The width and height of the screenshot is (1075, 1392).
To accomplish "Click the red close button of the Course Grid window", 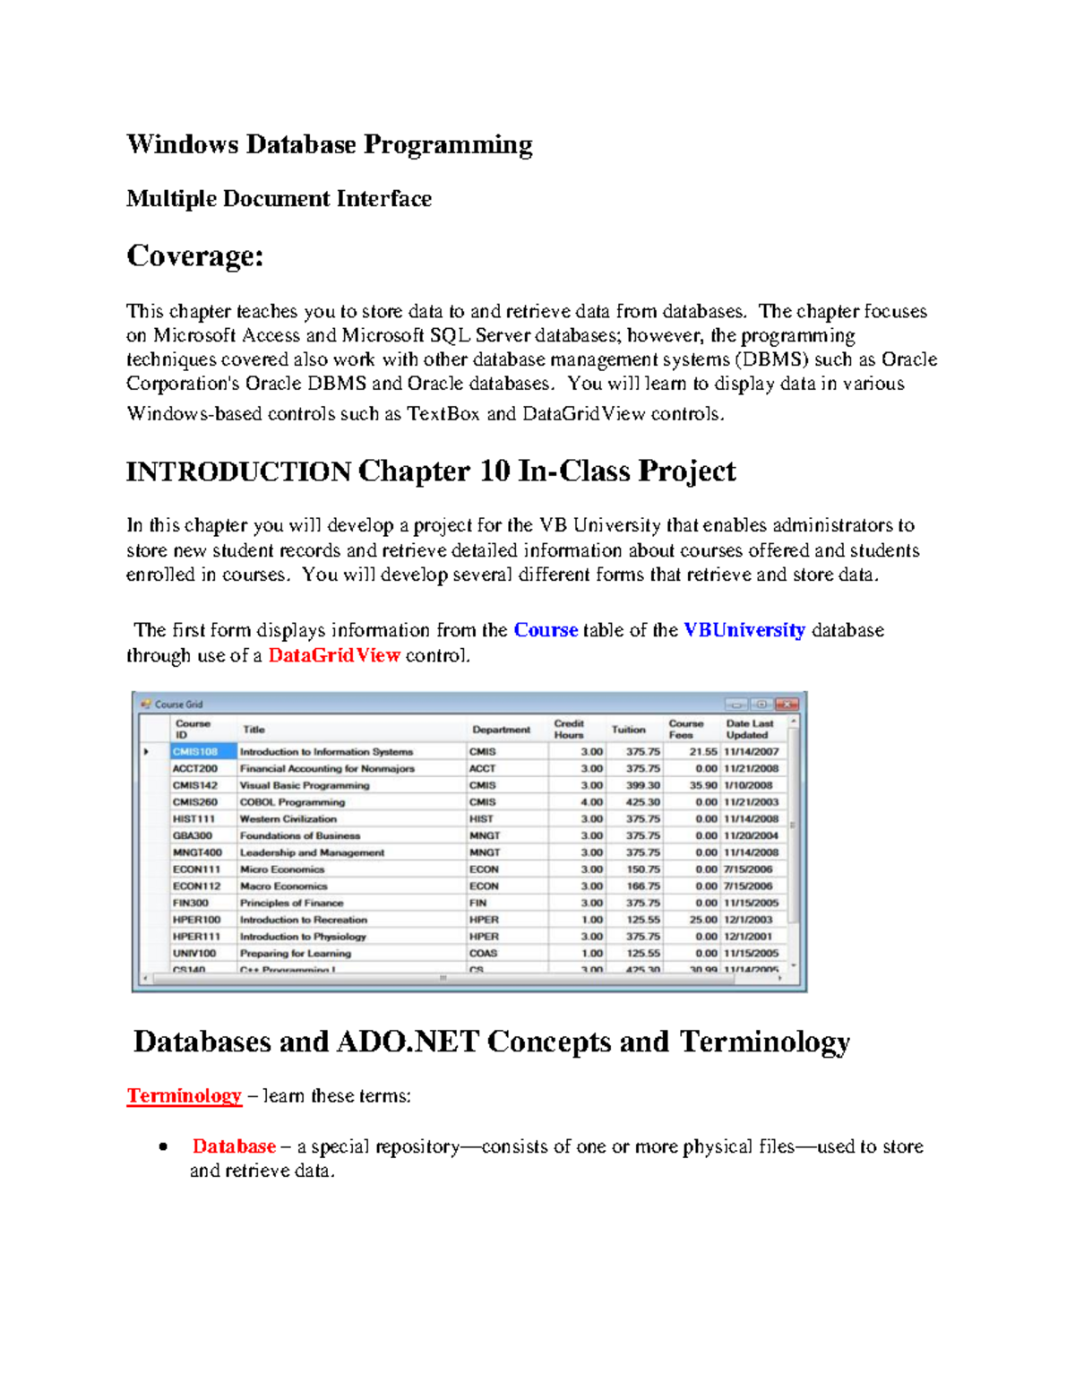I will coord(787,705).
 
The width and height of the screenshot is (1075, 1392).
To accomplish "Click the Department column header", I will coord(501,730).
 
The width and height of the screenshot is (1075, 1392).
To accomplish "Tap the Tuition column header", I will coord(628,730).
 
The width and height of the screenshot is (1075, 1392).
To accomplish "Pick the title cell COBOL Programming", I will coord(292,802).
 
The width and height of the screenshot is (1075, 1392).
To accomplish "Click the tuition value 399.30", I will coord(642,785).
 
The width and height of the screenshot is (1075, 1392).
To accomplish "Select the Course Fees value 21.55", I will coord(702,752).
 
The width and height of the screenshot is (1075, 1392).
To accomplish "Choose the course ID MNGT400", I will coord(197,852).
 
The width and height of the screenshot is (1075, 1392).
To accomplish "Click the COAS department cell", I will coord(483,954).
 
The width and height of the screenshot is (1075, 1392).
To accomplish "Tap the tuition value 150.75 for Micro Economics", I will coord(642,869).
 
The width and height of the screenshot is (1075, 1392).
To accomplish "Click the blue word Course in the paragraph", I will coord(546,630).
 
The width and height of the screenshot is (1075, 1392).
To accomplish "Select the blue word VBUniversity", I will coord(744,630).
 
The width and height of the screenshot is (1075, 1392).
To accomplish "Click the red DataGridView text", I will coord(333,655).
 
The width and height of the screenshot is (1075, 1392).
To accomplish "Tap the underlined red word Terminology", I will coord(184,1095).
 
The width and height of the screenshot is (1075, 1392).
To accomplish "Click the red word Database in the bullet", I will coord(234,1146).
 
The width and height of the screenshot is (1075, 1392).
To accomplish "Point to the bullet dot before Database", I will coord(162,1147).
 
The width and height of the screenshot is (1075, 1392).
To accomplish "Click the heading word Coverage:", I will coord(195,256).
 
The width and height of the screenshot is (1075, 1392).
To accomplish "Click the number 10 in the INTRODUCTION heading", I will coord(494,471).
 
